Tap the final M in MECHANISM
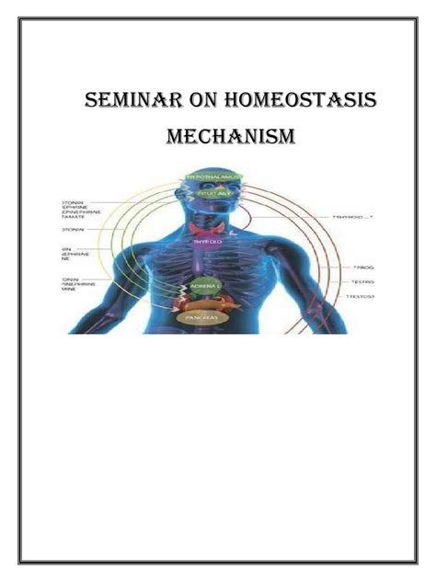point(285,138)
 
